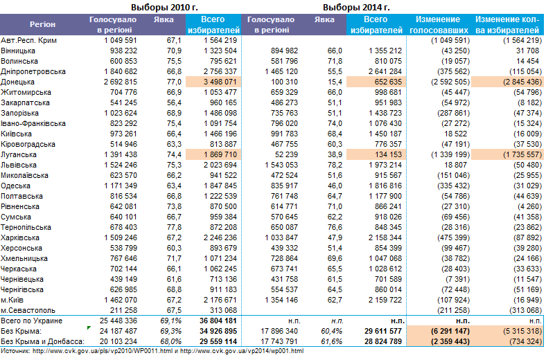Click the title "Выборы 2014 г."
(x=356, y=7)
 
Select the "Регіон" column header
(x=43, y=24)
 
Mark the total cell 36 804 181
(x=218, y=321)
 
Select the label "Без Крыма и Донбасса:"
(x=42, y=342)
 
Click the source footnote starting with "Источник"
(x=152, y=352)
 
